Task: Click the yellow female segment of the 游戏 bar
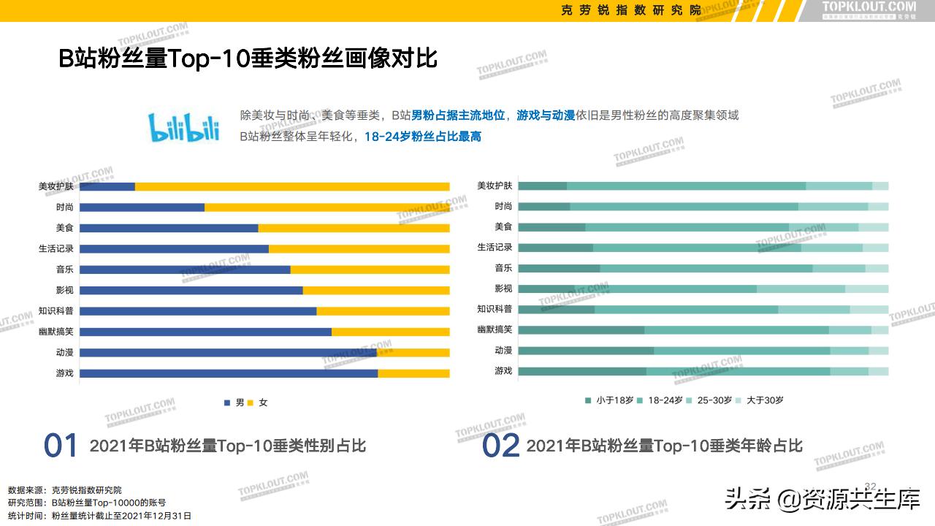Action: point(413,373)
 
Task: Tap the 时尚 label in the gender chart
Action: point(65,207)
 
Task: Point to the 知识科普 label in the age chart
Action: point(495,309)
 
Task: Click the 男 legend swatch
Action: point(227,403)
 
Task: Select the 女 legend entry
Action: point(258,403)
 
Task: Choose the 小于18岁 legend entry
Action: point(609,400)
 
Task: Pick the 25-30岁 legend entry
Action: point(708,400)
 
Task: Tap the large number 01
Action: point(61,446)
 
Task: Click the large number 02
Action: point(500,446)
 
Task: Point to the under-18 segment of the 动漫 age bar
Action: point(585,351)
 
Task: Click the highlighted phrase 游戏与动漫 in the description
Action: point(546,115)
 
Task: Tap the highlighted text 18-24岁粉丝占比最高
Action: point(422,137)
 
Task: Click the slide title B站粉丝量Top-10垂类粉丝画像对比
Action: point(248,59)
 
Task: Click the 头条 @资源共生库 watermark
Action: point(822,500)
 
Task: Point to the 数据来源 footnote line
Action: point(65,489)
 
